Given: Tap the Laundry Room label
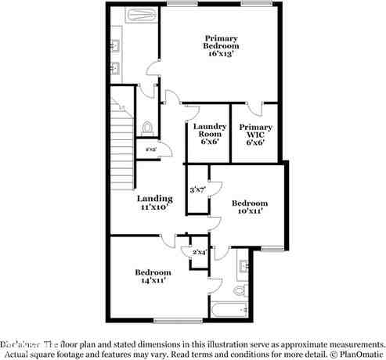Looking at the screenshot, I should (209, 131).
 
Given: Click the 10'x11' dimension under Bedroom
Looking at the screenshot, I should (250, 211).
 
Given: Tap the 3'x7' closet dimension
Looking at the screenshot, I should (197, 189).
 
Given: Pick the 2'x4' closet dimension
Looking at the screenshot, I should (199, 251).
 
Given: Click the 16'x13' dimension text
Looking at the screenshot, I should (221, 54).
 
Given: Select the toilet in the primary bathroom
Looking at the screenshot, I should (148, 127).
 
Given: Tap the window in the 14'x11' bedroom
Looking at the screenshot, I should (173, 320).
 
